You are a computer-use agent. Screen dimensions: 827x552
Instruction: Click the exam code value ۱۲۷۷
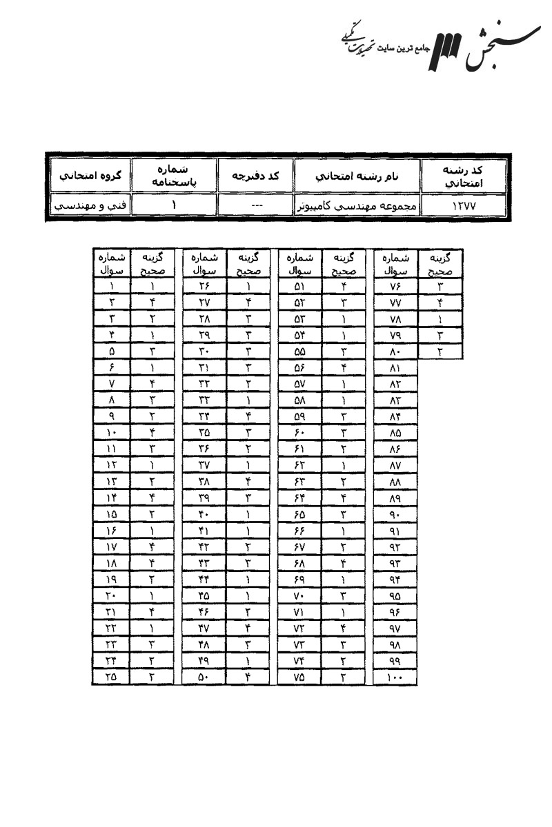pyautogui.click(x=466, y=205)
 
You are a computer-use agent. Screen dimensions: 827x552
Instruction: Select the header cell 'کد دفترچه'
pyautogui.click(x=255, y=176)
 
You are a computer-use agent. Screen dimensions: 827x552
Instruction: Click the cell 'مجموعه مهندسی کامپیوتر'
pyautogui.click(x=358, y=205)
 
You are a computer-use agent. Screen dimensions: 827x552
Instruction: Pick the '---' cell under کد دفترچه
pyautogui.click(x=255, y=205)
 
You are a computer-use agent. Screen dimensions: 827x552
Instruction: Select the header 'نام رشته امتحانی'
pyautogui.click(x=358, y=176)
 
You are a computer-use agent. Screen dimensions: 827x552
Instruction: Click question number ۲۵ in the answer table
pyautogui.click(x=112, y=677)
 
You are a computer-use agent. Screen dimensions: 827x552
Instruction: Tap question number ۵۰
pyautogui.click(x=204, y=677)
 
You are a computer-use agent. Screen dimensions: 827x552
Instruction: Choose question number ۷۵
pyautogui.click(x=298, y=677)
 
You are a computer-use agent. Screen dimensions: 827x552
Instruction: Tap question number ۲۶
pyautogui.click(x=204, y=287)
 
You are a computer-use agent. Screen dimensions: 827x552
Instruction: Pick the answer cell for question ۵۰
pyautogui.click(x=246, y=677)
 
